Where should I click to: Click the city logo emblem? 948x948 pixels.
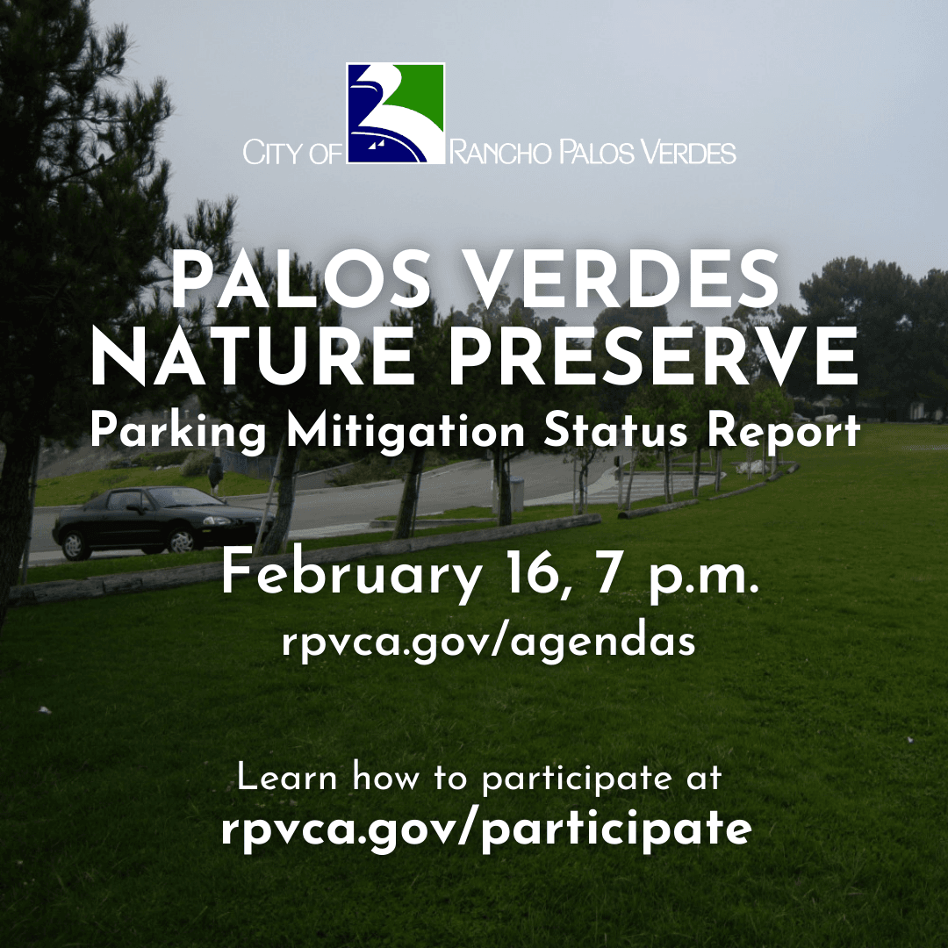pos(395,113)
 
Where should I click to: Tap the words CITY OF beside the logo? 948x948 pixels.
pos(292,153)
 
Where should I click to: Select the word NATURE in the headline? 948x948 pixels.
pos(252,356)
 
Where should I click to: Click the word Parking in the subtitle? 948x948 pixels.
pos(178,433)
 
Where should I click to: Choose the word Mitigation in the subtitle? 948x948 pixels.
pos(406,433)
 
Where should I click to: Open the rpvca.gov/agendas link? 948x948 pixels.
pos(489,643)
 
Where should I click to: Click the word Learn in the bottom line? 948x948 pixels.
pos(286,778)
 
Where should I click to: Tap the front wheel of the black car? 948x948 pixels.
pos(181,540)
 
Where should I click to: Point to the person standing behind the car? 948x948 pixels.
pos(215,475)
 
